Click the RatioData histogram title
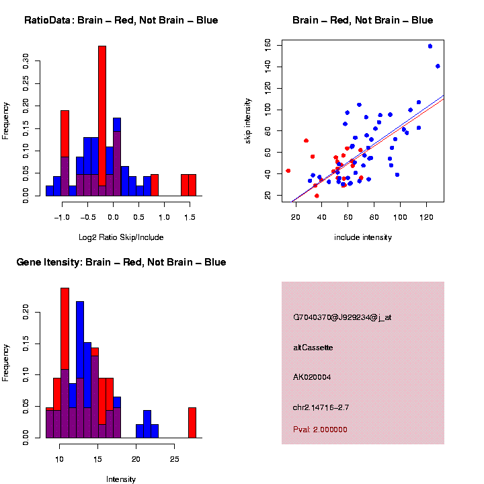121,20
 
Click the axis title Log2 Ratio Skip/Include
121,237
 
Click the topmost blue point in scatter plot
430,46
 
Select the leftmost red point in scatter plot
288,171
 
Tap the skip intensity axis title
248,119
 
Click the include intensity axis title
363,237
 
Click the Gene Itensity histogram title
121,262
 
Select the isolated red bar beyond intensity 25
192,422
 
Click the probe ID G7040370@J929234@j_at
342,317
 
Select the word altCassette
313,348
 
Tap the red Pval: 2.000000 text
320,430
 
